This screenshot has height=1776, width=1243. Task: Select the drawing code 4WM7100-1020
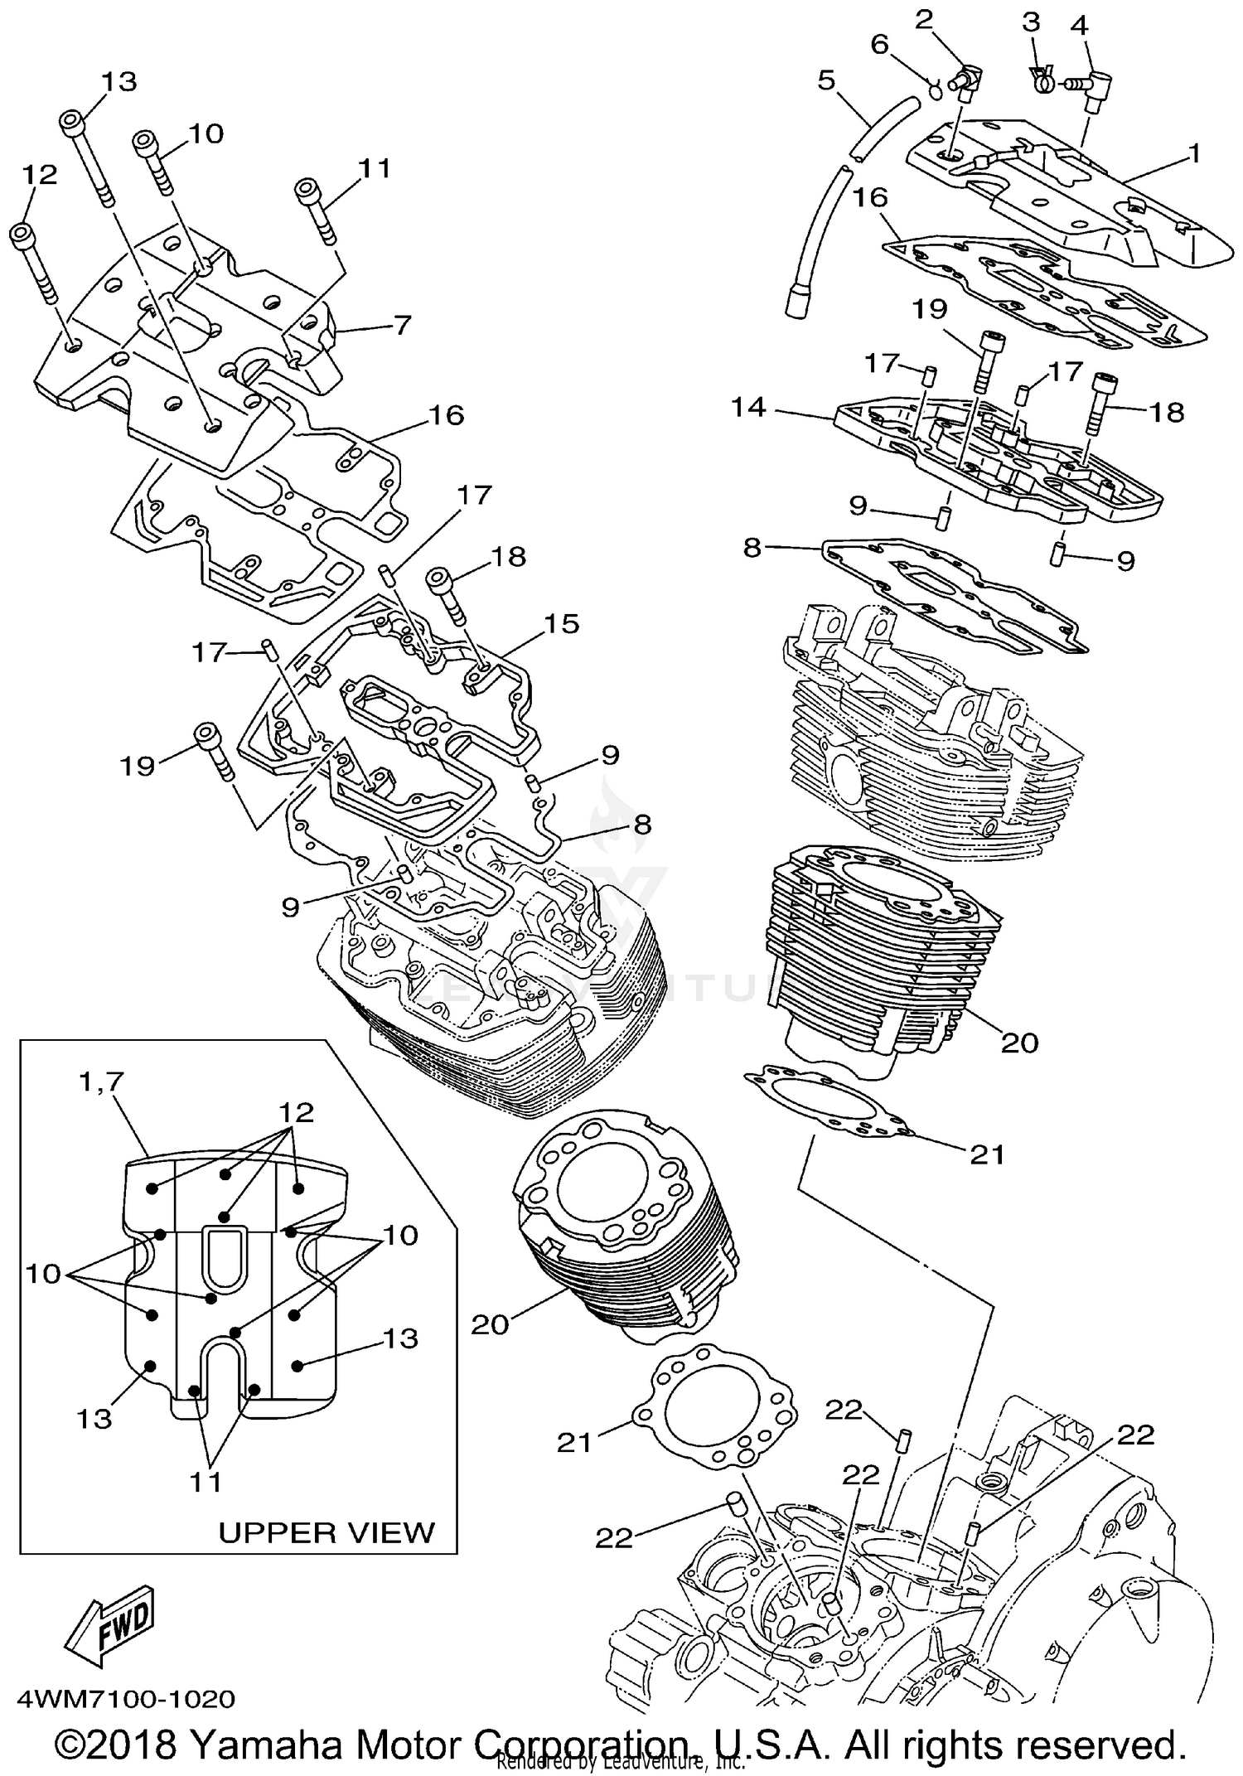click(x=121, y=1699)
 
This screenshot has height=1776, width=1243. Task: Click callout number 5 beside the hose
click(x=826, y=80)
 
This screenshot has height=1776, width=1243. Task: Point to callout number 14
click(x=749, y=408)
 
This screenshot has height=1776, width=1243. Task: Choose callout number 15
click(x=562, y=623)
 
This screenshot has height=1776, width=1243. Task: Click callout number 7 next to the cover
click(x=402, y=325)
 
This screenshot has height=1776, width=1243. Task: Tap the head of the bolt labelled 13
click(x=72, y=123)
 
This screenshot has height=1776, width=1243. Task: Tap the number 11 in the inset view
click(x=206, y=1481)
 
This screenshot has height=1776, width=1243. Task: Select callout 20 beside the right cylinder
click(x=1019, y=1042)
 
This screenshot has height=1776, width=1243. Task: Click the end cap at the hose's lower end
click(x=796, y=299)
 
